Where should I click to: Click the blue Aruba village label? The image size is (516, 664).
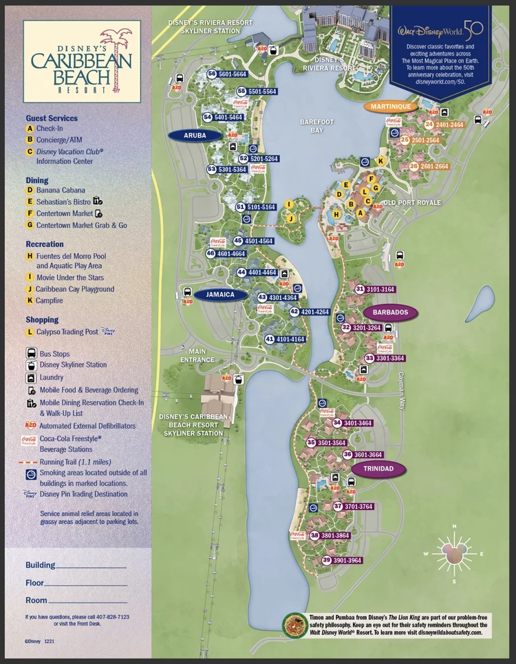pyautogui.click(x=195, y=136)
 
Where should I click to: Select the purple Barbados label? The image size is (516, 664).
pyautogui.click(x=390, y=312)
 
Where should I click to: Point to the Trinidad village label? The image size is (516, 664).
pyautogui.click(x=378, y=469)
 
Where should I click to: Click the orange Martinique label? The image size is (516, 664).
pyautogui.click(x=390, y=107)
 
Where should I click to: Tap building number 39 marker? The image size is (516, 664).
pyautogui.click(x=327, y=561)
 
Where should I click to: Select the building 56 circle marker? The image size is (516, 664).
pyautogui.click(x=213, y=74)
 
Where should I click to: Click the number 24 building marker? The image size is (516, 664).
pyautogui.click(x=429, y=125)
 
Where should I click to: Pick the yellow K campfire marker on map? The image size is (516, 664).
pyautogui.click(x=380, y=161)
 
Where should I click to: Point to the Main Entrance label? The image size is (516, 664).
pyautogui.click(x=197, y=355)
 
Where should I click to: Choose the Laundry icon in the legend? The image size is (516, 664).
pyautogui.click(x=31, y=378)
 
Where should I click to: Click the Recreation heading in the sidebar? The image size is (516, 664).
pyautogui.click(x=45, y=244)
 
